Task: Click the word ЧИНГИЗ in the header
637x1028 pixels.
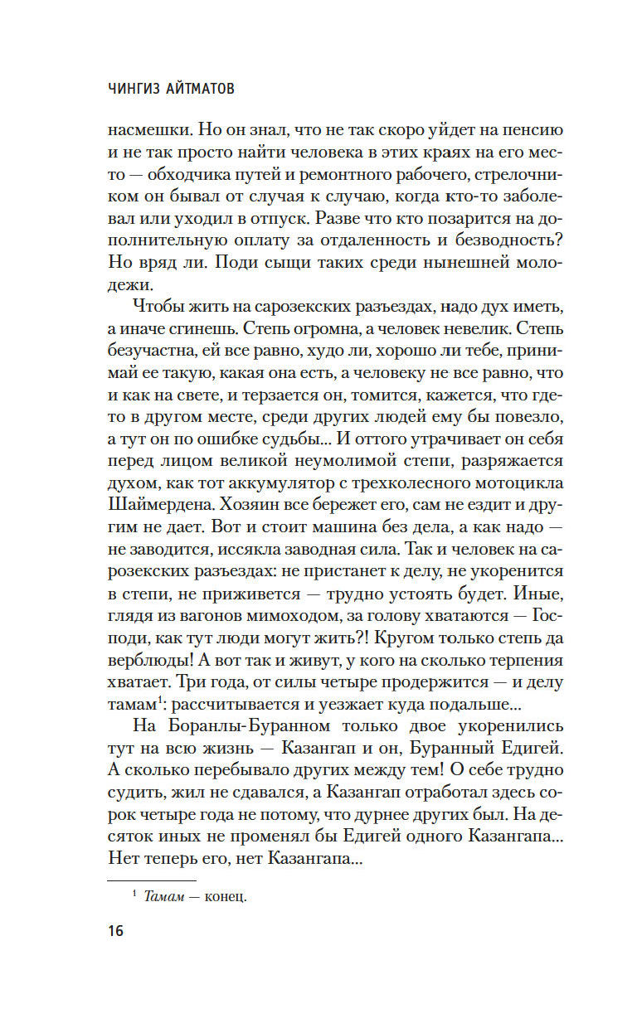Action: (136, 89)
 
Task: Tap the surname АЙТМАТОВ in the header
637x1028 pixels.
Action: (202, 89)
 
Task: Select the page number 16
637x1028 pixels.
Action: (114, 931)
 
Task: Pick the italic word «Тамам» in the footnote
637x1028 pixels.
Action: (166, 895)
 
